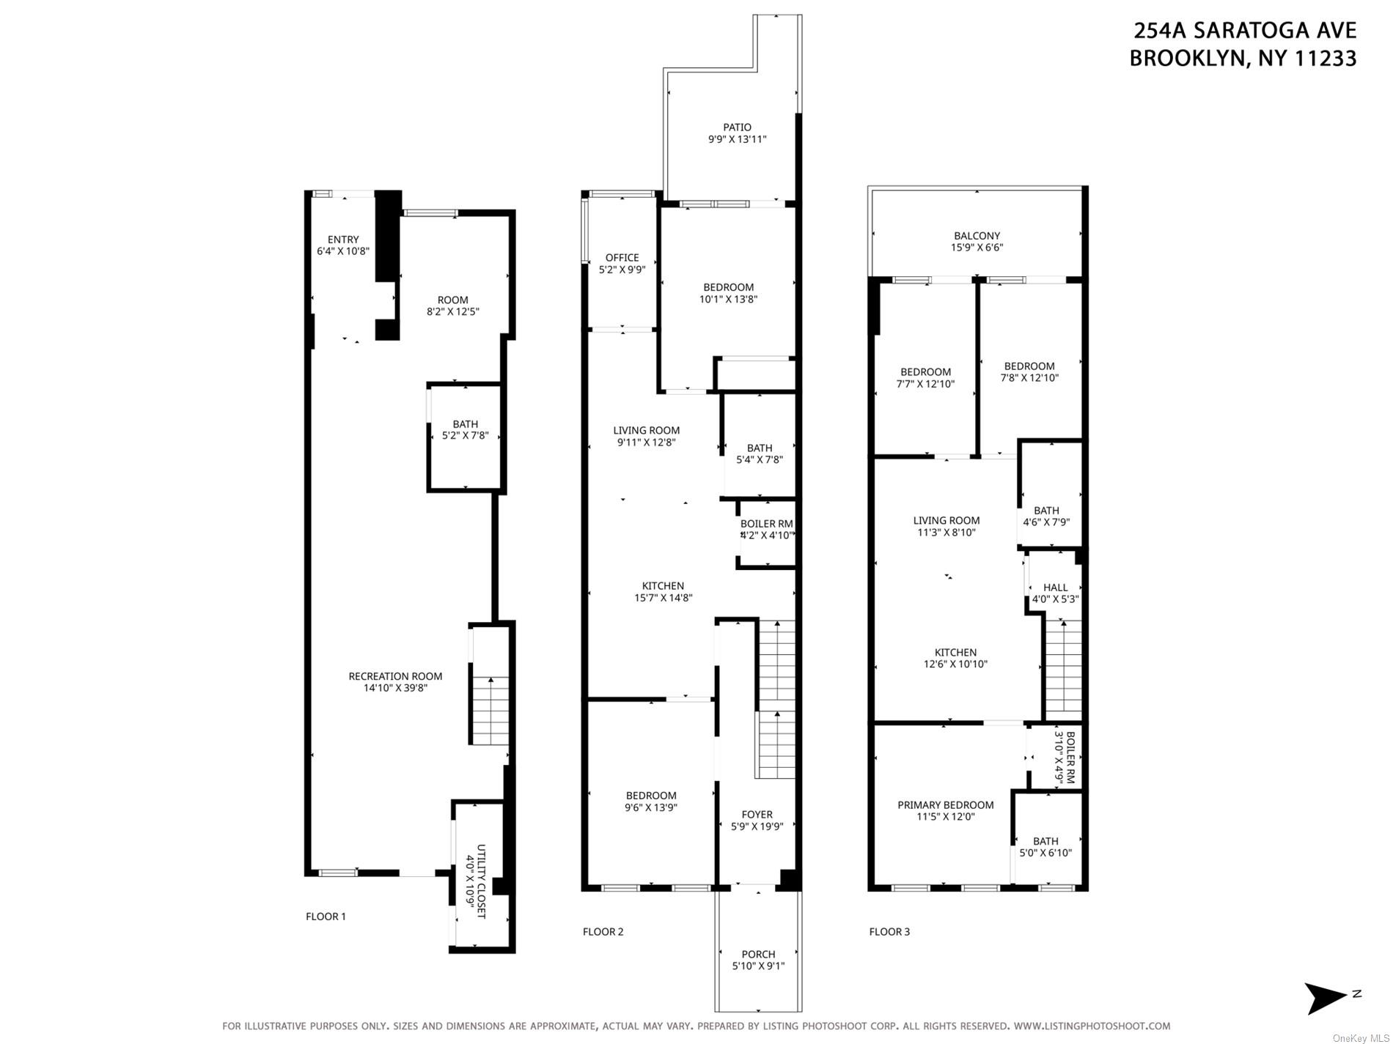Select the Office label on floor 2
622,258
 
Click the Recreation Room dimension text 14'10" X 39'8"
395,688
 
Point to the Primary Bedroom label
945,805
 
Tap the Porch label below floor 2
758,955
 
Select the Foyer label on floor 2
757,815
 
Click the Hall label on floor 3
1055,588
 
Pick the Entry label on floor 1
343,240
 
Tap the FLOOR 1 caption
326,917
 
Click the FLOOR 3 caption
889,932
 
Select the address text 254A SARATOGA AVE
1244,31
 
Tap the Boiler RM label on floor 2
766,524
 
